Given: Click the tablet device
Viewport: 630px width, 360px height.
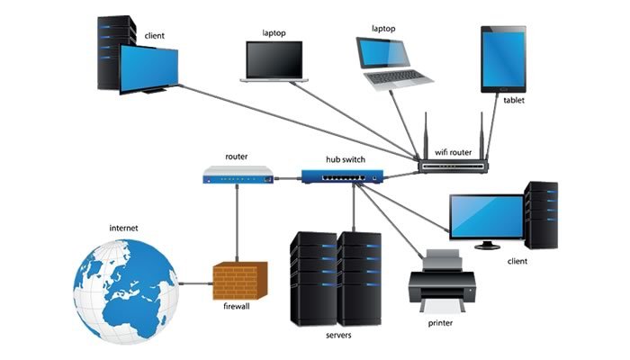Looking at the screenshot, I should coord(503,59).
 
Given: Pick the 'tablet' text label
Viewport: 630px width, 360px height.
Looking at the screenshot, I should coord(514,101).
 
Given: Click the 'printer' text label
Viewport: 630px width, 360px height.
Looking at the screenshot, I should coord(440,322).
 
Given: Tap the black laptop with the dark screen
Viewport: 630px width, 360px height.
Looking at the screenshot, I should coord(274,60).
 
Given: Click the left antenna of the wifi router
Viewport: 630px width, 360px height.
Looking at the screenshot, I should coord(427,135).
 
